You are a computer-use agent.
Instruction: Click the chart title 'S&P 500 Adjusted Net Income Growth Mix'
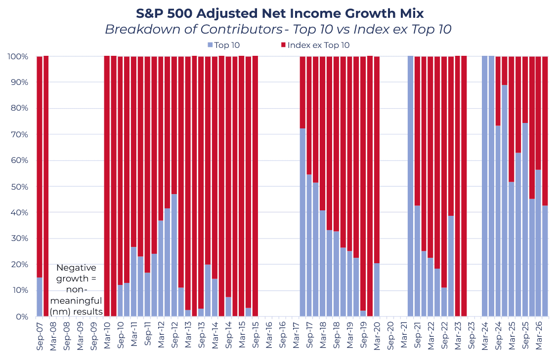[x=280, y=13]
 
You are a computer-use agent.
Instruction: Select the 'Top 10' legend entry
[x=223, y=45]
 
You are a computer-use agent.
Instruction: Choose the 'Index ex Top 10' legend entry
[x=315, y=45]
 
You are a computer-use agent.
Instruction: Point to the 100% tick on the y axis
[x=17, y=57]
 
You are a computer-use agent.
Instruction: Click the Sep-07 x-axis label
[x=40, y=336]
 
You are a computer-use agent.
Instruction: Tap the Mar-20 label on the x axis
[x=377, y=336]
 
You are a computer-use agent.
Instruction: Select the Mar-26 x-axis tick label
[x=539, y=336]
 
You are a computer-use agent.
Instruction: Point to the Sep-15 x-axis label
[x=256, y=336]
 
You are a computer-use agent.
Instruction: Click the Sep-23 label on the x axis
[x=472, y=336]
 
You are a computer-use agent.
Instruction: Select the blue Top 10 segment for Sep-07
[x=40, y=297]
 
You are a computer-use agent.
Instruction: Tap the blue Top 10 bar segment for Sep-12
[x=174, y=255]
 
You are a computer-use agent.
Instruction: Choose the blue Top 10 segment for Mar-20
[x=377, y=290]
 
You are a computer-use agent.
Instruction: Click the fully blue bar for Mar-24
[x=485, y=186]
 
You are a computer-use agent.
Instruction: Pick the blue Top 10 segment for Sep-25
[x=525, y=220]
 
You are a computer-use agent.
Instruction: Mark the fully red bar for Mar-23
[x=458, y=186]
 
